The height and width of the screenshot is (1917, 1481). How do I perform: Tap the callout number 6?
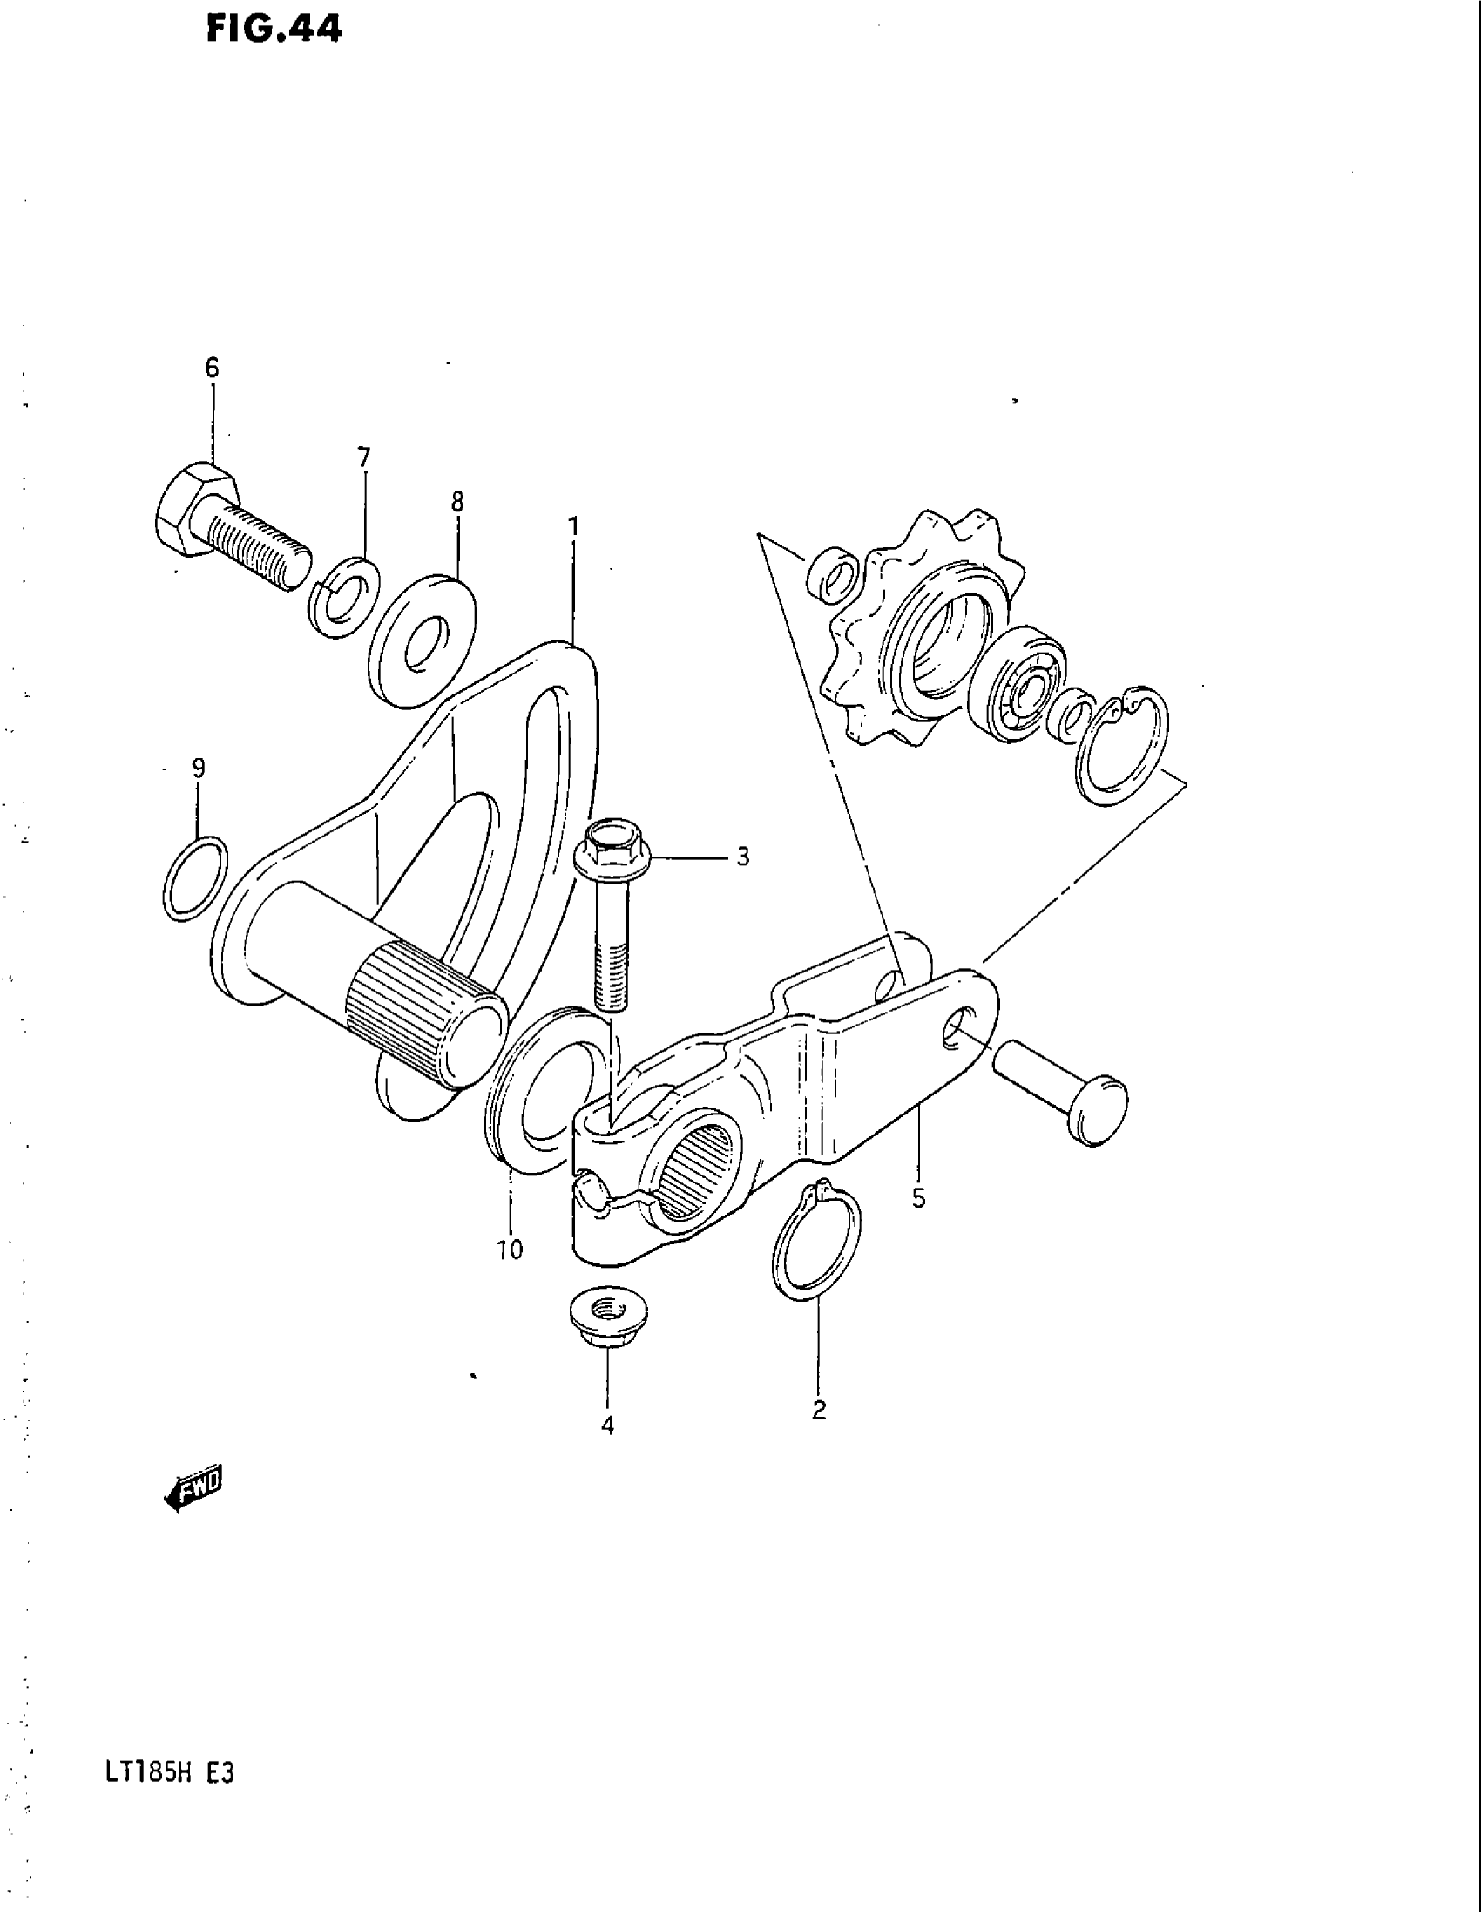(213, 368)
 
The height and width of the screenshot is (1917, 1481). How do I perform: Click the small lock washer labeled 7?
(344, 597)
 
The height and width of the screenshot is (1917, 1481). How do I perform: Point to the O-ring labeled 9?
(195, 878)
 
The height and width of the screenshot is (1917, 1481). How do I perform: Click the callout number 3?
(742, 857)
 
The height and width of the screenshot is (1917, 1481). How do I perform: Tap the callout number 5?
(917, 1198)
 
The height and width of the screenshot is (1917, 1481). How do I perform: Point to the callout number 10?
(509, 1249)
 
